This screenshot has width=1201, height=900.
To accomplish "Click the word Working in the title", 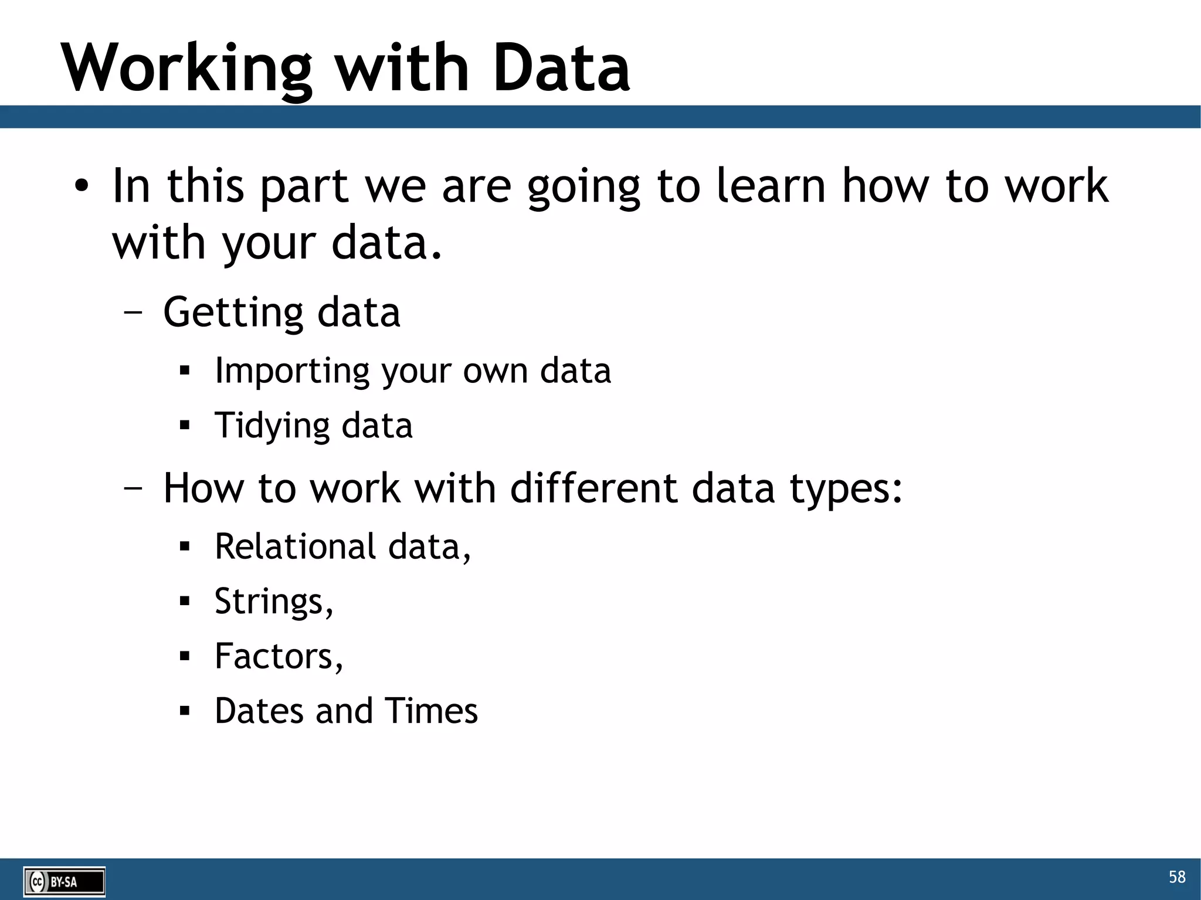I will point(186,69).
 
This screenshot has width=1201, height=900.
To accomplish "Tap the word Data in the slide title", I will point(561,68).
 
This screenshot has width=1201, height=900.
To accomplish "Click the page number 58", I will point(1176,877).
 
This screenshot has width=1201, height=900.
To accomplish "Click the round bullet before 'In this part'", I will point(82,187).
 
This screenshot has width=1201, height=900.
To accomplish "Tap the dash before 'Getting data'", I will point(133,313).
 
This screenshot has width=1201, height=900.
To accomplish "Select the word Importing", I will point(291,371).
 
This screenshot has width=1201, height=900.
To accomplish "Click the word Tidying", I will point(272,426).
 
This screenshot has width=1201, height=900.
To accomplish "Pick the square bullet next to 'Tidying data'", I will point(185,425).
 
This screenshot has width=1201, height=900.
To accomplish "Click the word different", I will point(593,488).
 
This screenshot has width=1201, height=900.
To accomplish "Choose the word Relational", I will point(295,546).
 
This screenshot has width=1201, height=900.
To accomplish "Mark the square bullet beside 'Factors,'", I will point(185,656).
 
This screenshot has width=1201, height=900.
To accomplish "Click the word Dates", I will point(259,711).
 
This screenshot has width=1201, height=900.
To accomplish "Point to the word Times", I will point(431,711).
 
